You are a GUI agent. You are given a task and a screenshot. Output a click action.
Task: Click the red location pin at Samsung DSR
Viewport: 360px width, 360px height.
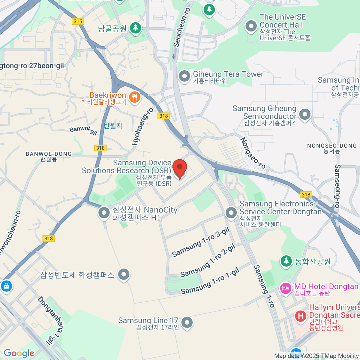[180, 168]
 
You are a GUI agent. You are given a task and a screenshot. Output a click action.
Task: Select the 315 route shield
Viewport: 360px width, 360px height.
[78, 21]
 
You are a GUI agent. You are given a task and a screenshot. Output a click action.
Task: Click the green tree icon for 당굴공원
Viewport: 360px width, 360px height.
[136, 28]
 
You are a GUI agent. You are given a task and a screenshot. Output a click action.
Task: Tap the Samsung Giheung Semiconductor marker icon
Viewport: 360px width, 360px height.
[305, 114]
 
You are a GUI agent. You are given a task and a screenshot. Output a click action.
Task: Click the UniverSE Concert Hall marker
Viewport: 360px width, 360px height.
[251, 26]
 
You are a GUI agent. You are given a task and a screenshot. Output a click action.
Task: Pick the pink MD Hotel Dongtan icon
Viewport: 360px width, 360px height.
[285, 289]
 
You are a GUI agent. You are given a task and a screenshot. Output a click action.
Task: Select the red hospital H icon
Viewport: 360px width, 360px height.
[300, 316]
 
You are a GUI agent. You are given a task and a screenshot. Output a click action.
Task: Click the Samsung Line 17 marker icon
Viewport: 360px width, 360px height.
[187, 322]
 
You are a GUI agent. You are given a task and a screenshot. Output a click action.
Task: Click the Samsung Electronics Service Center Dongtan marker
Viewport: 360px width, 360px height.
[231, 213]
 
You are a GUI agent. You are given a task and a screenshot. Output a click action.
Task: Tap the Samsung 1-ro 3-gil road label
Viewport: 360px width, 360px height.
[201, 242]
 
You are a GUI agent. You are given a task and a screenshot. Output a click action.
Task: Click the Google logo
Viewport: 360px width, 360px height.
[19, 353]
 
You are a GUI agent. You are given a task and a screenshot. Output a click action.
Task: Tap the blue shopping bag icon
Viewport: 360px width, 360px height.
[6, 286]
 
